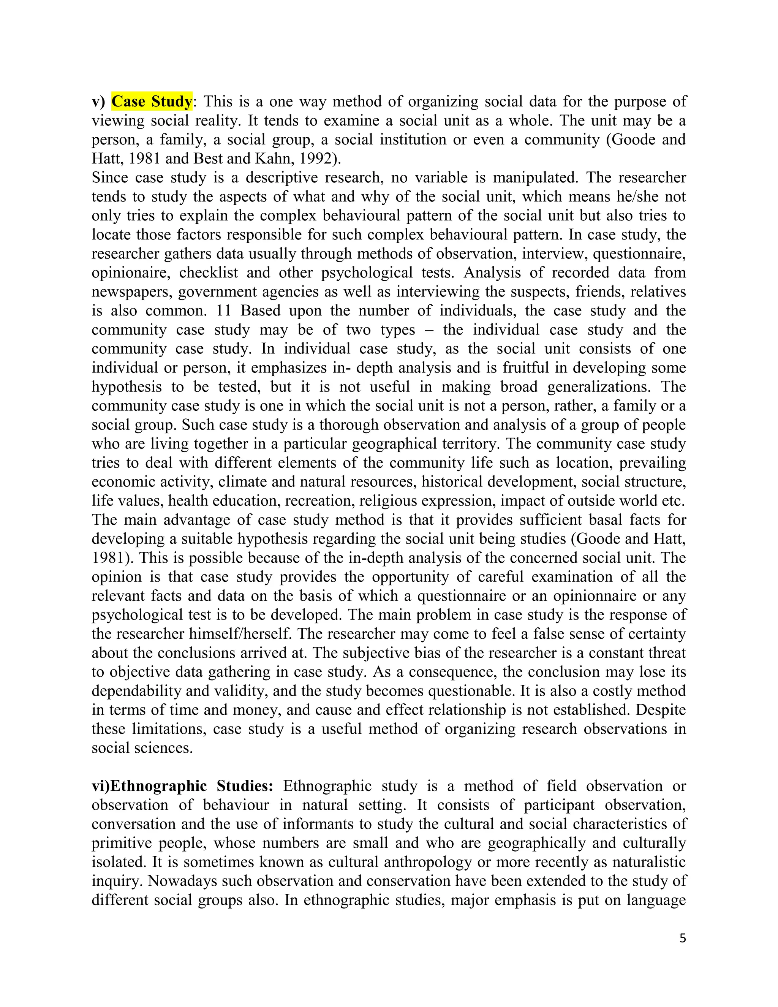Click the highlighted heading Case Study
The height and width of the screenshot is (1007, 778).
coord(152,101)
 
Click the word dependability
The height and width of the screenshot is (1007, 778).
coord(136,691)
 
